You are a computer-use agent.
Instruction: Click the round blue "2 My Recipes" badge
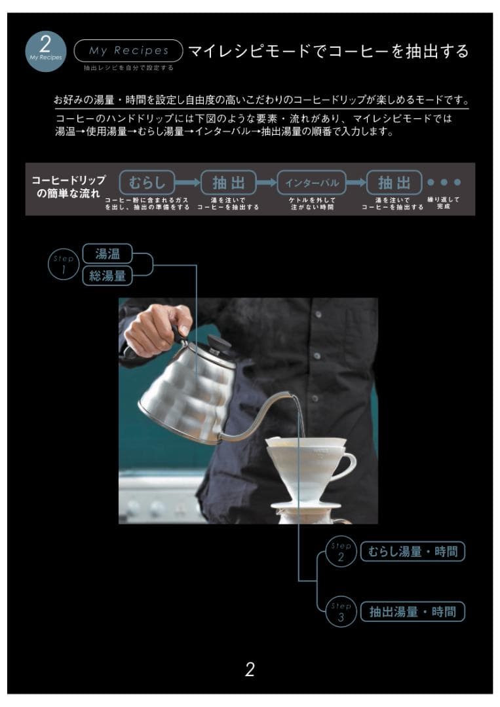(x=45, y=50)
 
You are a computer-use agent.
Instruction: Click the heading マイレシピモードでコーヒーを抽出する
(x=328, y=51)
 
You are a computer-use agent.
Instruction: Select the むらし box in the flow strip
(x=147, y=182)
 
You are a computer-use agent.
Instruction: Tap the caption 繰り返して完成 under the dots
(x=444, y=202)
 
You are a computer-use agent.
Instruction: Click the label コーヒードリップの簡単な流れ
(x=68, y=187)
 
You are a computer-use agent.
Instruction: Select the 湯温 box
(x=107, y=253)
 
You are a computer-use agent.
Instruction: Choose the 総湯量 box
(x=107, y=276)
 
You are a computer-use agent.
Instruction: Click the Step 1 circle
(x=64, y=264)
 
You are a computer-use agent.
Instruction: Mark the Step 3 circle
(x=341, y=612)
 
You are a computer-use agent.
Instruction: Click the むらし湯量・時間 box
(x=412, y=552)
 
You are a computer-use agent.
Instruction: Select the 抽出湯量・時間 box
(x=412, y=612)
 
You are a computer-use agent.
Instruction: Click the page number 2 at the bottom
(x=250, y=670)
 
